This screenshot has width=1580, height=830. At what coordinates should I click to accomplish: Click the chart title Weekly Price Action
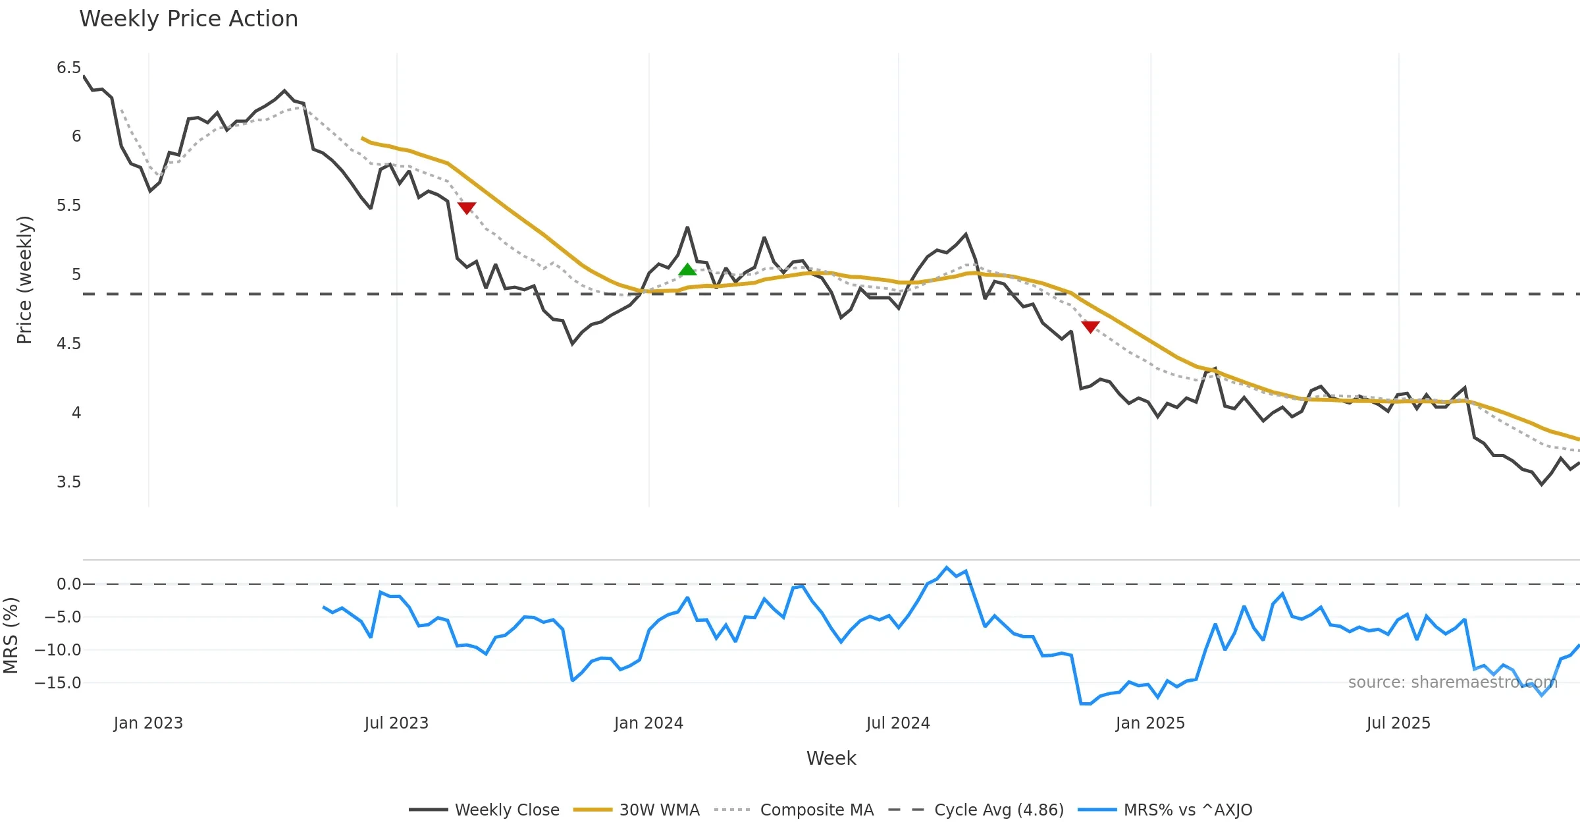(x=188, y=19)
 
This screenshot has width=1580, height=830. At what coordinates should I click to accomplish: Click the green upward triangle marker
(x=687, y=269)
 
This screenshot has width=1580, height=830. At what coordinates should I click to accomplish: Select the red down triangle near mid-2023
(x=467, y=208)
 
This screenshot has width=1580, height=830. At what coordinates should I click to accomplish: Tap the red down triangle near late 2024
(x=1090, y=327)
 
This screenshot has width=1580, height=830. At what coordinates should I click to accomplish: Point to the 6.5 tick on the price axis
(x=68, y=68)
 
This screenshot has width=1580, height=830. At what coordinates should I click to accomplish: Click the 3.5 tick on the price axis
(x=68, y=482)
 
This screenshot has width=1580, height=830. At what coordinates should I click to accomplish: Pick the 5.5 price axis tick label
(x=68, y=206)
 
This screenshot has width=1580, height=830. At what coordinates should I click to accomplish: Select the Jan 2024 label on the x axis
(x=648, y=723)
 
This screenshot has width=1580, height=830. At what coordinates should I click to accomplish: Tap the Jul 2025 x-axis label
(x=1398, y=723)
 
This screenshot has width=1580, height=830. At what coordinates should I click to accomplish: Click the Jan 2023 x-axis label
(x=148, y=723)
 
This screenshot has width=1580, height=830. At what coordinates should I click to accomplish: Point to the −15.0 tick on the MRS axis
(x=58, y=683)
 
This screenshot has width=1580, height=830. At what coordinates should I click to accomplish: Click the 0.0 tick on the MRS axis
(x=68, y=584)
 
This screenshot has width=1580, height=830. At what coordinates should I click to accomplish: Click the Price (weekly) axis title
(x=24, y=280)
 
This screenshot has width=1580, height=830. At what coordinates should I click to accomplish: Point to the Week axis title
(x=831, y=759)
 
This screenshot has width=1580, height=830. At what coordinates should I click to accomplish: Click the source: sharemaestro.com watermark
(x=1452, y=682)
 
